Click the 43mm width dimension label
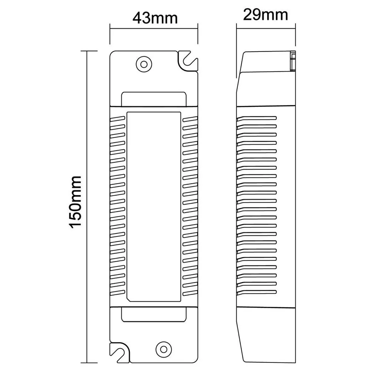155,18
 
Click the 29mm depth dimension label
265,15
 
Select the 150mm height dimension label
75,202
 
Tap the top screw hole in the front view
144,64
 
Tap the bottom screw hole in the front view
164,349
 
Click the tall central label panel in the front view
154,207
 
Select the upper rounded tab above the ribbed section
154,99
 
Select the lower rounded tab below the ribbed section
154,315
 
